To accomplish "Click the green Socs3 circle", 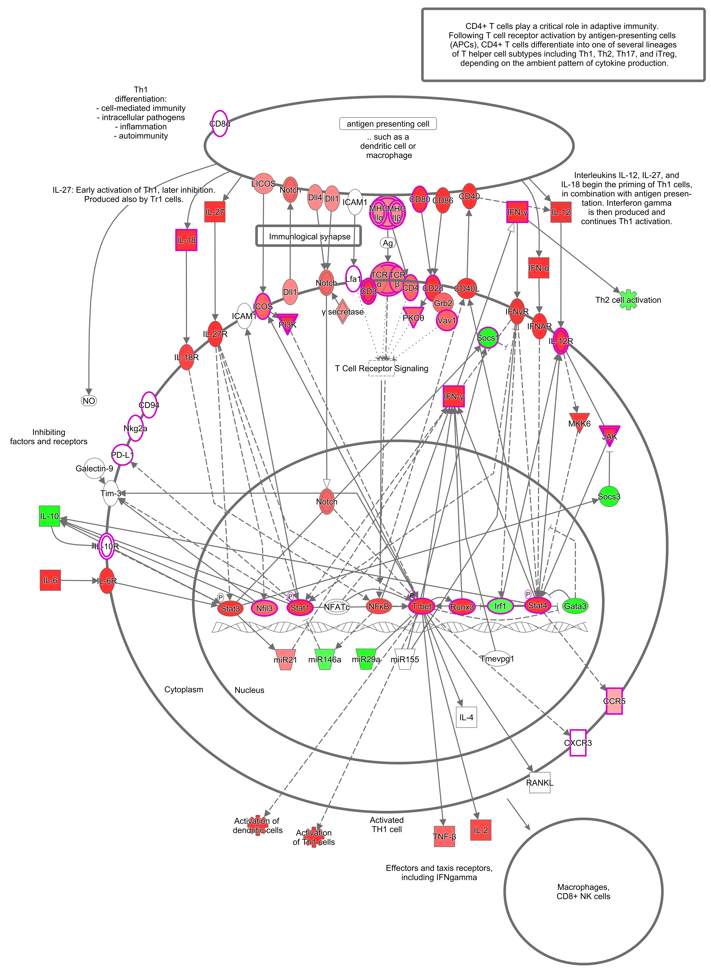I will [x=609, y=497].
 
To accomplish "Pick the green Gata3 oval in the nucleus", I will [x=575, y=606].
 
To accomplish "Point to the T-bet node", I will [x=422, y=606].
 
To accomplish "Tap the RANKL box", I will [x=539, y=783].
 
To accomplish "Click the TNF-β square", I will [x=444, y=836].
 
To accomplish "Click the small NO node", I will [x=89, y=401].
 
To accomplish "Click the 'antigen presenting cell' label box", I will [x=388, y=124].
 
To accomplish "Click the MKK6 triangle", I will [x=579, y=423].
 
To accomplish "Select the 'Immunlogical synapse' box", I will [x=309, y=236].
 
